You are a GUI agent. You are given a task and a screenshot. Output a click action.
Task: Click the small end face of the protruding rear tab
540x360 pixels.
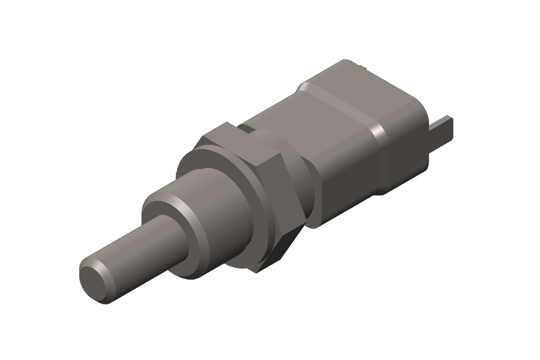tap(449, 129)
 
